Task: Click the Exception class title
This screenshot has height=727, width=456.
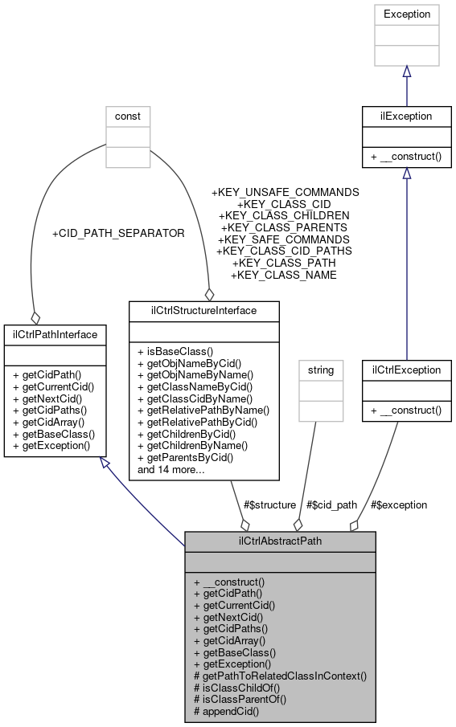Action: click(x=407, y=14)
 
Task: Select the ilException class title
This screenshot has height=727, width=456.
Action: click(x=407, y=116)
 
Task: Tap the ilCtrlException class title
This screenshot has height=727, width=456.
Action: click(x=407, y=370)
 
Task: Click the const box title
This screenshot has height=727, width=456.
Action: click(x=128, y=116)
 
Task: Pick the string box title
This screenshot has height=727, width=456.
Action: click(x=320, y=370)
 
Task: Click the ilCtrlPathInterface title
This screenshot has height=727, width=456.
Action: click(x=51, y=333)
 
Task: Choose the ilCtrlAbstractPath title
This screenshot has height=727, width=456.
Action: click(x=280, y=541)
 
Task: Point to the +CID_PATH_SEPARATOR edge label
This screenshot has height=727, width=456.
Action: click(x=118, y=234)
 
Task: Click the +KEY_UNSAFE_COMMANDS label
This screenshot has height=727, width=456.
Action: click(x=285, y=193)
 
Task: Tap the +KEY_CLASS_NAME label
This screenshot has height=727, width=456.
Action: click(x=283, y=275)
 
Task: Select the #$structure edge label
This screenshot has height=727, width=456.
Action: click(x=269, y=504)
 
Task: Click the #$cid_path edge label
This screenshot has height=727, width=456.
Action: click(x=331, y=504)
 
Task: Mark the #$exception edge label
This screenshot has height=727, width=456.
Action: click(x=399, y=504)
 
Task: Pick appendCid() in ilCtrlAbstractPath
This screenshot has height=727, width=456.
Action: click(x=227, y=711)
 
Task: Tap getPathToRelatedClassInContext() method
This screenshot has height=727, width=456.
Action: click(x=280, y=676)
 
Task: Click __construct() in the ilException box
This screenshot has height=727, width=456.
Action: click(x=407, y=157)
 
